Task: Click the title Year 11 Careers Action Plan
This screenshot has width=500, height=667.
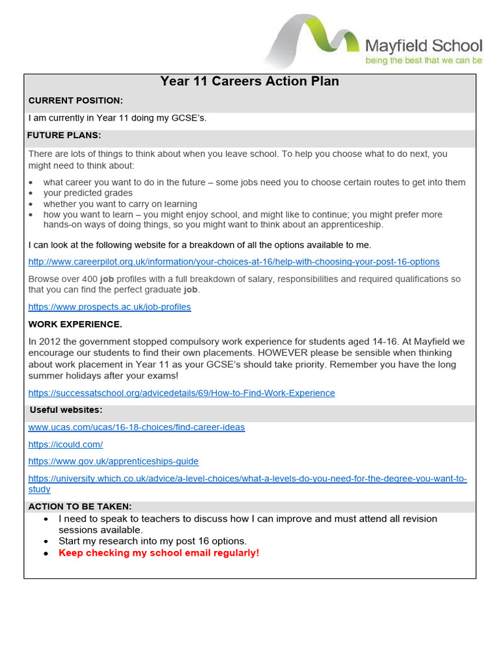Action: (x=249, y=81)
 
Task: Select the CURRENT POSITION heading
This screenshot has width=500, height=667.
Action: (x=76, y=100)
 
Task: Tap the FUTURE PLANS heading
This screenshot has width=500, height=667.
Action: (x=64, y=135)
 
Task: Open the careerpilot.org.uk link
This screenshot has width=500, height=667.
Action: (x=234, y=262)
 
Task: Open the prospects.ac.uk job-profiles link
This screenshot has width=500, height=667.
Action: (x=109, y=307)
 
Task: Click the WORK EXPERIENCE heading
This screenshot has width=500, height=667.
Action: (x=75, y=324)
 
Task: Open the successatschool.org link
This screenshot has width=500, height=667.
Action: (x=182, y=393)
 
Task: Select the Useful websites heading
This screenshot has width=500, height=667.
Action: (x=66, y=410)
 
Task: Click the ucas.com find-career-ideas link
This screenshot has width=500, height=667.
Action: (x=137, y=427)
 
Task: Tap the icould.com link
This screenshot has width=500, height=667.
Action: (x=65, y=444)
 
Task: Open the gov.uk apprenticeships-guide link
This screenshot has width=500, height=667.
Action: (x=113, y=461)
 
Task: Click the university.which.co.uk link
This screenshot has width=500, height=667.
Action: (x=247, y=478)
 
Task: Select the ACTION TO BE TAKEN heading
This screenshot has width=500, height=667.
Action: (x=79, y=506)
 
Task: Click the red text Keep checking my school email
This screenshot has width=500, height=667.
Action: (x=158, y=553)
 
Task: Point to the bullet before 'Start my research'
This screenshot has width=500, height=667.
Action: (x=46, y=541)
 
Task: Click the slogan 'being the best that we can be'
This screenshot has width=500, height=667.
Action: (x=423, y=61)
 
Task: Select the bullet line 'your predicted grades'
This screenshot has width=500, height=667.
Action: (x=88, y=193)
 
